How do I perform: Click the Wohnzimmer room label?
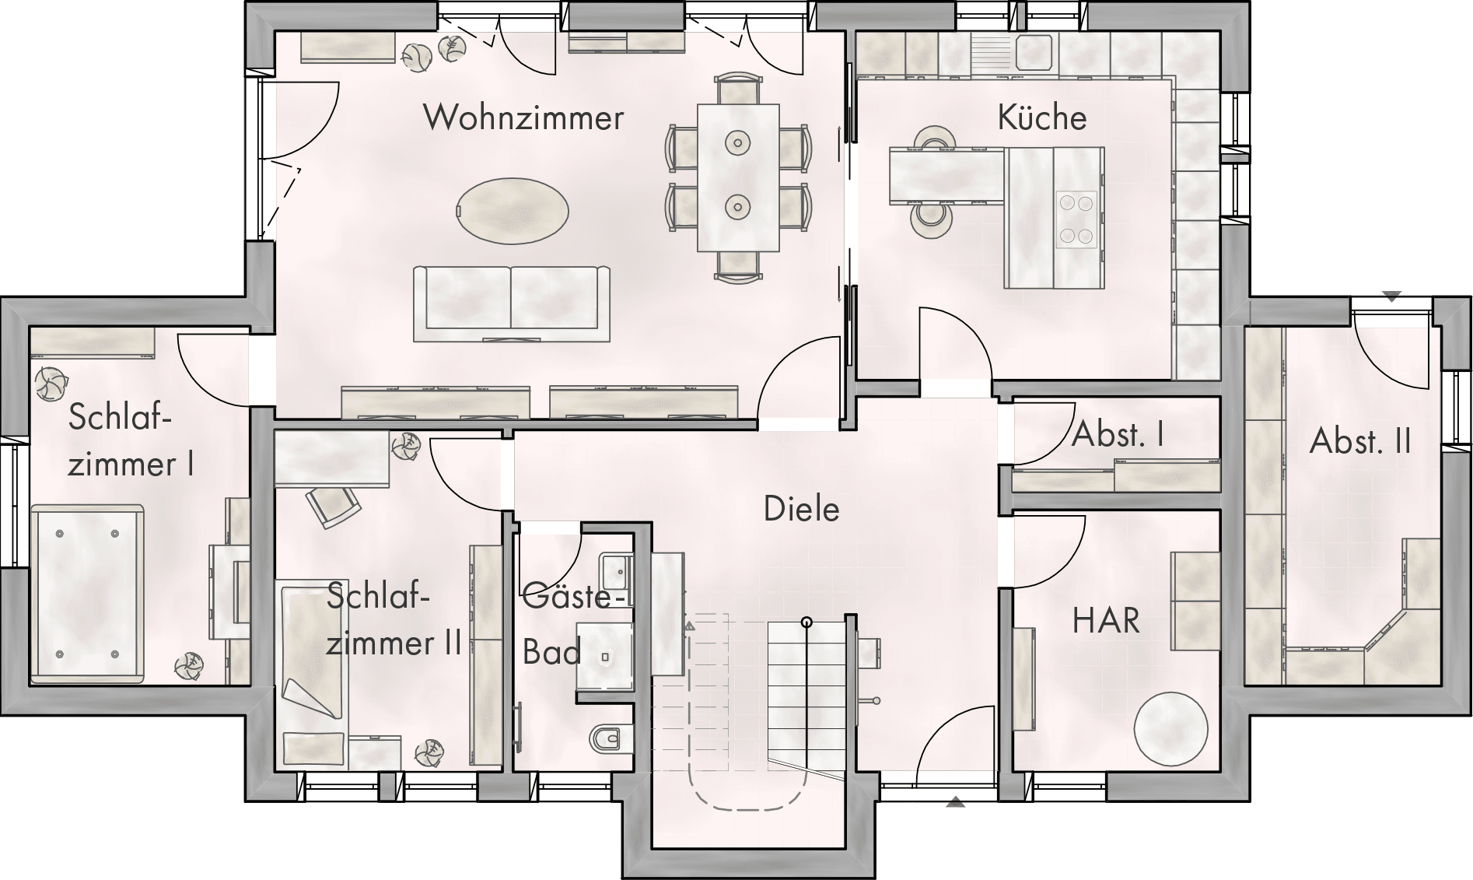[x=523, y=117]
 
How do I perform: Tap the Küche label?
[x=1041, y=117]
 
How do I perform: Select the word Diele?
[x=802, y=509]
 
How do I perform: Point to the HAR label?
[x=1106, y=621]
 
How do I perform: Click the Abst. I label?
[x=1118, y=435]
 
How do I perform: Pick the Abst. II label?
[x=1360, y=441]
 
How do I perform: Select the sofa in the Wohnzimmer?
[x=512, y=303]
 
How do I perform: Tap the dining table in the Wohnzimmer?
[x=738, y=177]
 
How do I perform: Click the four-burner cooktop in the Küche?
[x=1076, y=219]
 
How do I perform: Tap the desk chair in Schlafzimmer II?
[x=334, y=507]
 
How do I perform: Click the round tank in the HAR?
[x=1170, y=728]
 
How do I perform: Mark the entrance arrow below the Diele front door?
[x=956, y=802]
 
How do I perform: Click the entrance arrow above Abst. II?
[x=1392, y=296]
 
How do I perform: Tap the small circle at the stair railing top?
[x=807, y=622]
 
